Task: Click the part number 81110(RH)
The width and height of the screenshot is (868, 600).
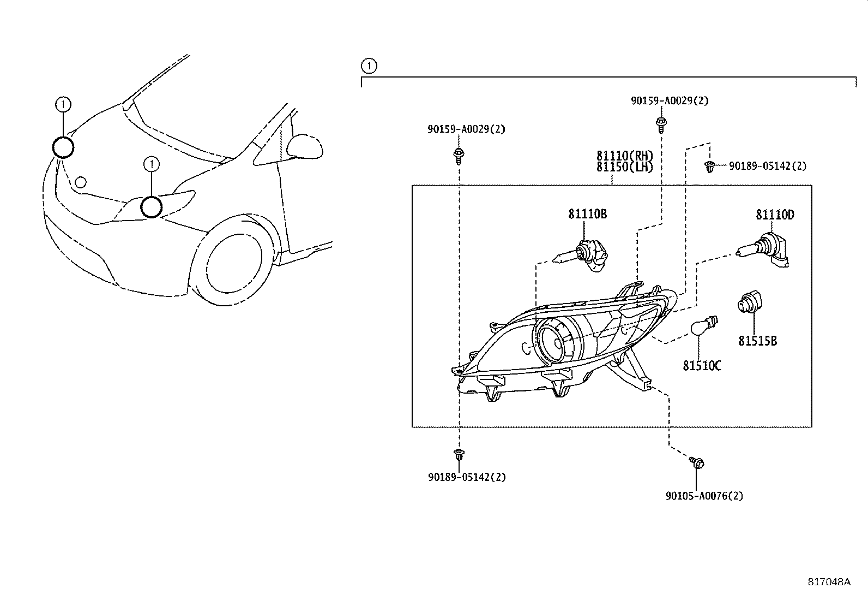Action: pyautogui.click(x=625, y=156)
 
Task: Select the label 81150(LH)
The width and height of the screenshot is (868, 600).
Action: pyautogui.click(x=625, y=167)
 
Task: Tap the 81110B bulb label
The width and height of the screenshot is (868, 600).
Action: pyautogui.click(x=587, y=214)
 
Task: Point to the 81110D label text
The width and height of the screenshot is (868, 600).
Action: pyautogui.click(x=775, y=215)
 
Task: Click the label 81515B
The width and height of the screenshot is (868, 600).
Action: pyautogui.click(x=757, y=341)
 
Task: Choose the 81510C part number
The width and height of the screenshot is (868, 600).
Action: pyautogui.click(x=702, y=366)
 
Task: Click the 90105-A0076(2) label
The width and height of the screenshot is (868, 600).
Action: pyautogui.click(x=704, y=496)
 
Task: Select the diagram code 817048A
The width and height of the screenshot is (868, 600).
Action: pyautogui.click(x=829, y=582)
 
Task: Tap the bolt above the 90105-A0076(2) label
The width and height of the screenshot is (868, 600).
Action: pyautogui.click(x=697, y=462)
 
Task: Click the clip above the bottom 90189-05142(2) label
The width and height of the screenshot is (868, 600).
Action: pyautogui.click(x=459, y=454)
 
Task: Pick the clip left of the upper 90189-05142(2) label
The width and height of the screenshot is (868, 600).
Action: pyautogui.click(x=709, y=167)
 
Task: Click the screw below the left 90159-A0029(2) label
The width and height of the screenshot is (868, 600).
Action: pyautogui.click(x=459, y=156)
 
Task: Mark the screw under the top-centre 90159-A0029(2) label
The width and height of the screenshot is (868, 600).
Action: pyautogui.click(x=661, y=125)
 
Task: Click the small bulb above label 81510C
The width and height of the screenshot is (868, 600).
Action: pyautogui.click(x=704, y=325)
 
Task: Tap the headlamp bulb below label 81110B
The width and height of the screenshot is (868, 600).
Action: pyautogui.click(x=581, y=256)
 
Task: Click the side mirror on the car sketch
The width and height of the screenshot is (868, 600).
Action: pyautogui.click(x=305, y=146)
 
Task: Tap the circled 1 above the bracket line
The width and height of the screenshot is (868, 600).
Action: pyautogui.click(x=369, y=66)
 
